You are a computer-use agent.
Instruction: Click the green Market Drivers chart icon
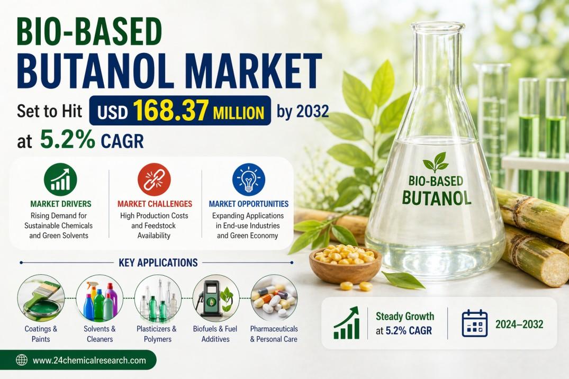pos(60,179)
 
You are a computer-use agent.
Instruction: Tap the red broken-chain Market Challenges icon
pos(154,179)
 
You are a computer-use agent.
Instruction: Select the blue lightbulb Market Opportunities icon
pos(249,179)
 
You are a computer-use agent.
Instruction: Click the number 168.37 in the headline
pos(170,111)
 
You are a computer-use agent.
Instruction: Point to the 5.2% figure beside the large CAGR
pos(67,140)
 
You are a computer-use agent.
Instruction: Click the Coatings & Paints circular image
pos(41,298)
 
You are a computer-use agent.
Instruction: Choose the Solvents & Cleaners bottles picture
pos(100,298)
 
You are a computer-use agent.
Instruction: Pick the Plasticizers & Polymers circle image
pos(158,298)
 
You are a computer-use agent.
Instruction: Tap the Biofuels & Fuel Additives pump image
pos(216,298)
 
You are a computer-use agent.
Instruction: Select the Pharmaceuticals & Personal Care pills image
pos(274,298)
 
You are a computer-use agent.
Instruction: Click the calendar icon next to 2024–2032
pos(474,323)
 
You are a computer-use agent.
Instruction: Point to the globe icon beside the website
pos(22,360)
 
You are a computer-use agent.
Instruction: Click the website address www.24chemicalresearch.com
pos(89,360)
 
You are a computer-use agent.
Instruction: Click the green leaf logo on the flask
pos(436,163)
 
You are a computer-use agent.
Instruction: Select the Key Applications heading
pos(158,263)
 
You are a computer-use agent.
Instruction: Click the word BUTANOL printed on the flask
pos(437,198)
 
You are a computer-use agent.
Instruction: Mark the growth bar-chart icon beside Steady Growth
pos(347,323)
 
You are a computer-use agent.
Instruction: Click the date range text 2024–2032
pos(519,324)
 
